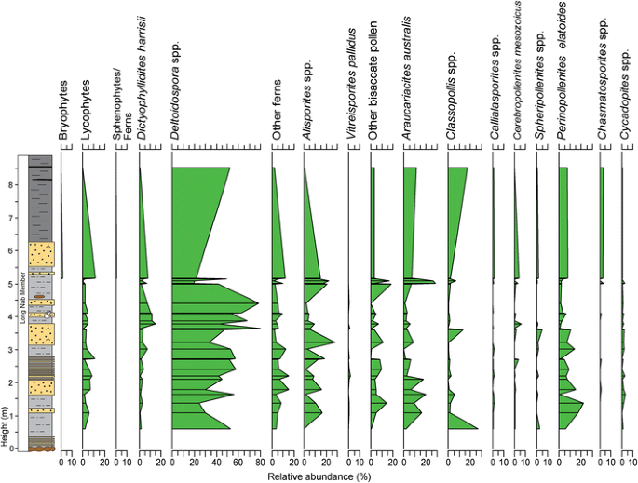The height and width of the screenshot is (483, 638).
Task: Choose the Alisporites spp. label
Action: point(306,111)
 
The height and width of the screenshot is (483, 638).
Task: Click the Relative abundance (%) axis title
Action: point(313,476)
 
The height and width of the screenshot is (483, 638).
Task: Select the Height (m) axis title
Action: point(7,431)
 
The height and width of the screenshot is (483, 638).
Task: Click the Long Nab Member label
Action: point(22,302)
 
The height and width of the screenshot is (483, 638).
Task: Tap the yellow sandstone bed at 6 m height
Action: point(41,252)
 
